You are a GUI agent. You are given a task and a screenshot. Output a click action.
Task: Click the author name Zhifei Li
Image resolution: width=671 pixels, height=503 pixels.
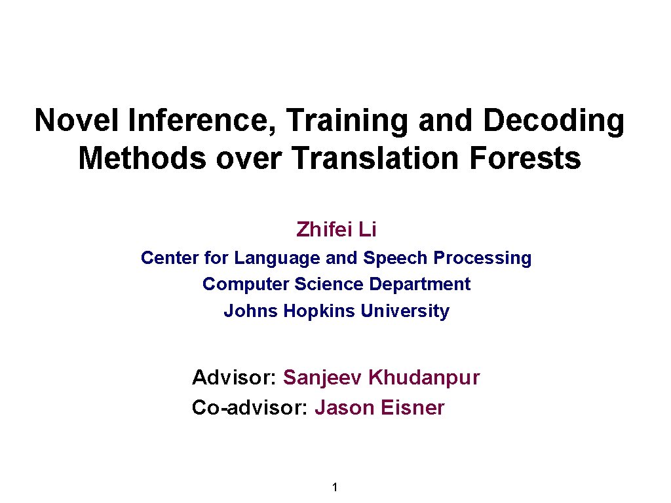(x=336, y=230)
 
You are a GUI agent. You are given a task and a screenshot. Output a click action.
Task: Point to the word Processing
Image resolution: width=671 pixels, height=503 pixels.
(x=483, y=259)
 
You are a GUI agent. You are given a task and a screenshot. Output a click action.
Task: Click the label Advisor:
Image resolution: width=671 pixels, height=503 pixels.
(x=234, y=378)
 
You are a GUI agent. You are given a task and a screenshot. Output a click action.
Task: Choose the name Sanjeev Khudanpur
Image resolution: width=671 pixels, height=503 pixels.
(x=381, y=378)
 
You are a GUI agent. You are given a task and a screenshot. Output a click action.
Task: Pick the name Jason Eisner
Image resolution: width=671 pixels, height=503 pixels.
(x=379, y=408)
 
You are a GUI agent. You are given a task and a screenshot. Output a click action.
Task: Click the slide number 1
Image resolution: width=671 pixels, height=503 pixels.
(x=335, y=487)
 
